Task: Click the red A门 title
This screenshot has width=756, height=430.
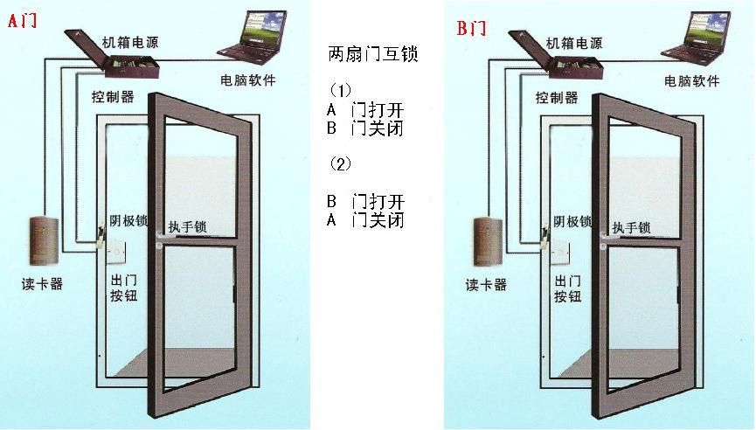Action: coord(23,20)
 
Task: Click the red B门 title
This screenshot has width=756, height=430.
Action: coord(472,28)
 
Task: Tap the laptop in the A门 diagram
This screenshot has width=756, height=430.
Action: coord(253,37)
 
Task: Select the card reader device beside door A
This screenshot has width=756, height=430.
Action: coord(44,241)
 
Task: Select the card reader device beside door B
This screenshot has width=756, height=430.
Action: coord(488,241)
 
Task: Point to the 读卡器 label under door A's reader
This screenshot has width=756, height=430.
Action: coord(43,284)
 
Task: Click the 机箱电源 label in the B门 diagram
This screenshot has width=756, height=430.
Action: coord(574,44)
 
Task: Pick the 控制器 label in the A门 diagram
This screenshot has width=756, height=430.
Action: coord(113,97)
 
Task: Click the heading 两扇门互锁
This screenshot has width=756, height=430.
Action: coord(372,53)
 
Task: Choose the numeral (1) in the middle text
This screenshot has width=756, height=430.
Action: coord(340,90)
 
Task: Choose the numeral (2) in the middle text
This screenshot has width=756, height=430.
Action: coord(340,164)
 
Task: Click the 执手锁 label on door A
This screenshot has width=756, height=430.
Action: coord(188,226)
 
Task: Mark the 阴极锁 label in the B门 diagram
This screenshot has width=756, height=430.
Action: coord(572,222)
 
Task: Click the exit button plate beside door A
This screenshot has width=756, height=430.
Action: coord(116,253)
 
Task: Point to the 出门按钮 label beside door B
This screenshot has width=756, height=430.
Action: coord(568,288)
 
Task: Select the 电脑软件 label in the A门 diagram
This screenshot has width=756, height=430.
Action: coord(248,80)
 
